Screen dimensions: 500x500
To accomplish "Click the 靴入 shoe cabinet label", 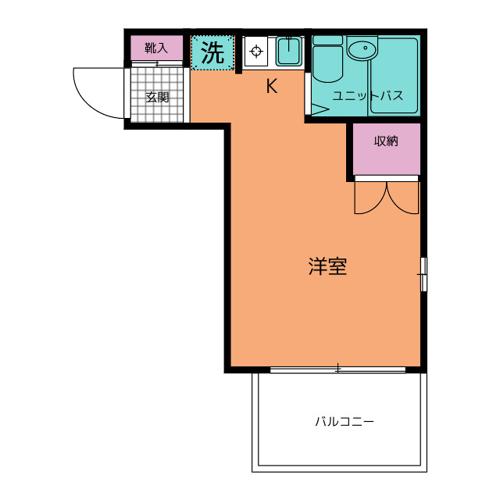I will pos(156,48).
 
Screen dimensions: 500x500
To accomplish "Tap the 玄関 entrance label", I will pos(157,98).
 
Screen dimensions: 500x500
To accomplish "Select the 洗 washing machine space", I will pos(212,53).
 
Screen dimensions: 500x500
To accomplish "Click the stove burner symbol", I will pos(255,53).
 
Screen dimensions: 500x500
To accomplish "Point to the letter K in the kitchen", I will pos(271,87).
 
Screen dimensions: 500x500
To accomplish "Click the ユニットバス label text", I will pos(367,96).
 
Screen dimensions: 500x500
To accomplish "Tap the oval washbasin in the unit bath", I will pos(361,52).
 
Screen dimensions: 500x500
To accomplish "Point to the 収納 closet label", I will pos(386,141).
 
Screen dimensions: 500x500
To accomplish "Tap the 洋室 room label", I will pos(327,266).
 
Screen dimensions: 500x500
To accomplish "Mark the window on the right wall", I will pos(423,273).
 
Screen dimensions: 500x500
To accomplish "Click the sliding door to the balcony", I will pos(337,369).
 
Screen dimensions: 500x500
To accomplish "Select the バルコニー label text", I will pos(345,422).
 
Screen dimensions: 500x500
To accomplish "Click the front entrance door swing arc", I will pos(98,94).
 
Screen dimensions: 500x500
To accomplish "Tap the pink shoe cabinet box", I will pos(156,48).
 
